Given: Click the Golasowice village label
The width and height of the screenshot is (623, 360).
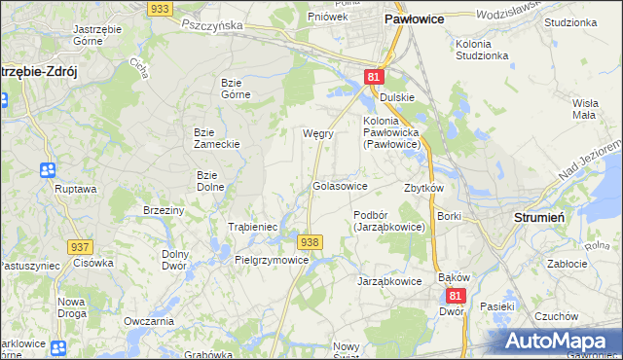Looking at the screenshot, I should pos(340,186).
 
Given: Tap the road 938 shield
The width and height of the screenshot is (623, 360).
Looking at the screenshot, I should pos(310,241).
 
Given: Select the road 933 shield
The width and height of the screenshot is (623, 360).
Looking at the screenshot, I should pos(162,8).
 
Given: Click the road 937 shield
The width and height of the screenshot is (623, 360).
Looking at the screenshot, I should pos(82,248).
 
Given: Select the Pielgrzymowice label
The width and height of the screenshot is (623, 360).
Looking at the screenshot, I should pos(272,261).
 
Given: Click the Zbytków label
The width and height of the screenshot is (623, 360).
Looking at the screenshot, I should pos(423,188).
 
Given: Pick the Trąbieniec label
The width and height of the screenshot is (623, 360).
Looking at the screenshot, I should pos(253,227).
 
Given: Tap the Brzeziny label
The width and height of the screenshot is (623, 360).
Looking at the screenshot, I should pos(164,210).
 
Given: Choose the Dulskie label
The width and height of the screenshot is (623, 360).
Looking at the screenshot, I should pos(397,97).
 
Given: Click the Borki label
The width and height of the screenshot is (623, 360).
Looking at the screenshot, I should pos(449,216).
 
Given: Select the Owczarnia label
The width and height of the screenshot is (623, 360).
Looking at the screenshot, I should pos(149,321).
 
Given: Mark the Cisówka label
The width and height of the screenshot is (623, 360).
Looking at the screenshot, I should pos(93,263).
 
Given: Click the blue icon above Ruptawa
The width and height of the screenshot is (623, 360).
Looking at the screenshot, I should pos(48,170).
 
